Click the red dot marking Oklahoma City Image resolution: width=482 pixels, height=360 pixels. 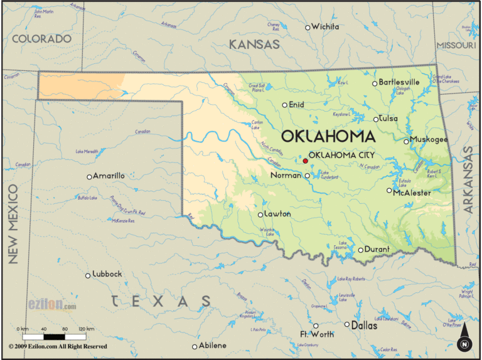(x=306, y=161)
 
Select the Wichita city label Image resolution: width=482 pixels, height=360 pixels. (x=326, y=26)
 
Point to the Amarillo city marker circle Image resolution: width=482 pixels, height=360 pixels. (x=89, y=176)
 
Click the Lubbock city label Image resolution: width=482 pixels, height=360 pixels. (x=107, y=274)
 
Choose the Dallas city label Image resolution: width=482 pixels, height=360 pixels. (x=365, y=326)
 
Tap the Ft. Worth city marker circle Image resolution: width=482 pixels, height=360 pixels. (x=316, y=326)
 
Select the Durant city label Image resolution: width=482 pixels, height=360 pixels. (x=377, y=249)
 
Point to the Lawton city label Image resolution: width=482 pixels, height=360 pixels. (x=277, y=214)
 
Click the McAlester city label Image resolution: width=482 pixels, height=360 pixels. (x=412, y=193)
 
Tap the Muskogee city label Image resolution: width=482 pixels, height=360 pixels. (x=429, y=139)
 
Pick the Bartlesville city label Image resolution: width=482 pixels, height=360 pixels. (x=400, y=82)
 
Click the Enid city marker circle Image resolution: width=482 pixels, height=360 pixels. (x=284, y=105)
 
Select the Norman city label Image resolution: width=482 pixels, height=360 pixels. (x=286, y=176)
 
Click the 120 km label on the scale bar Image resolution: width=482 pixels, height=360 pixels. (x=86, y=329)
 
